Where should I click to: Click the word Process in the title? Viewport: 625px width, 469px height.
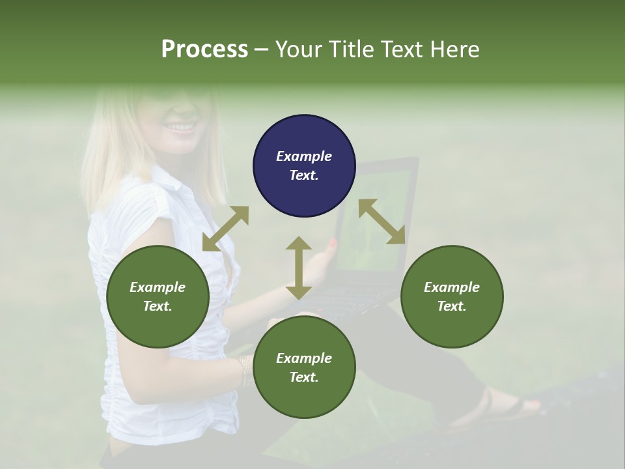204,50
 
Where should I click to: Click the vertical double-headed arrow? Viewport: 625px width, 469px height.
299,268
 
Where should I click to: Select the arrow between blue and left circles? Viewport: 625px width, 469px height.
225,229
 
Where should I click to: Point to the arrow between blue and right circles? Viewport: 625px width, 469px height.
382,222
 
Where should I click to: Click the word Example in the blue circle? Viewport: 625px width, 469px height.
304,156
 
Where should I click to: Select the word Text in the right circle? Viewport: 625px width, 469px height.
452,306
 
